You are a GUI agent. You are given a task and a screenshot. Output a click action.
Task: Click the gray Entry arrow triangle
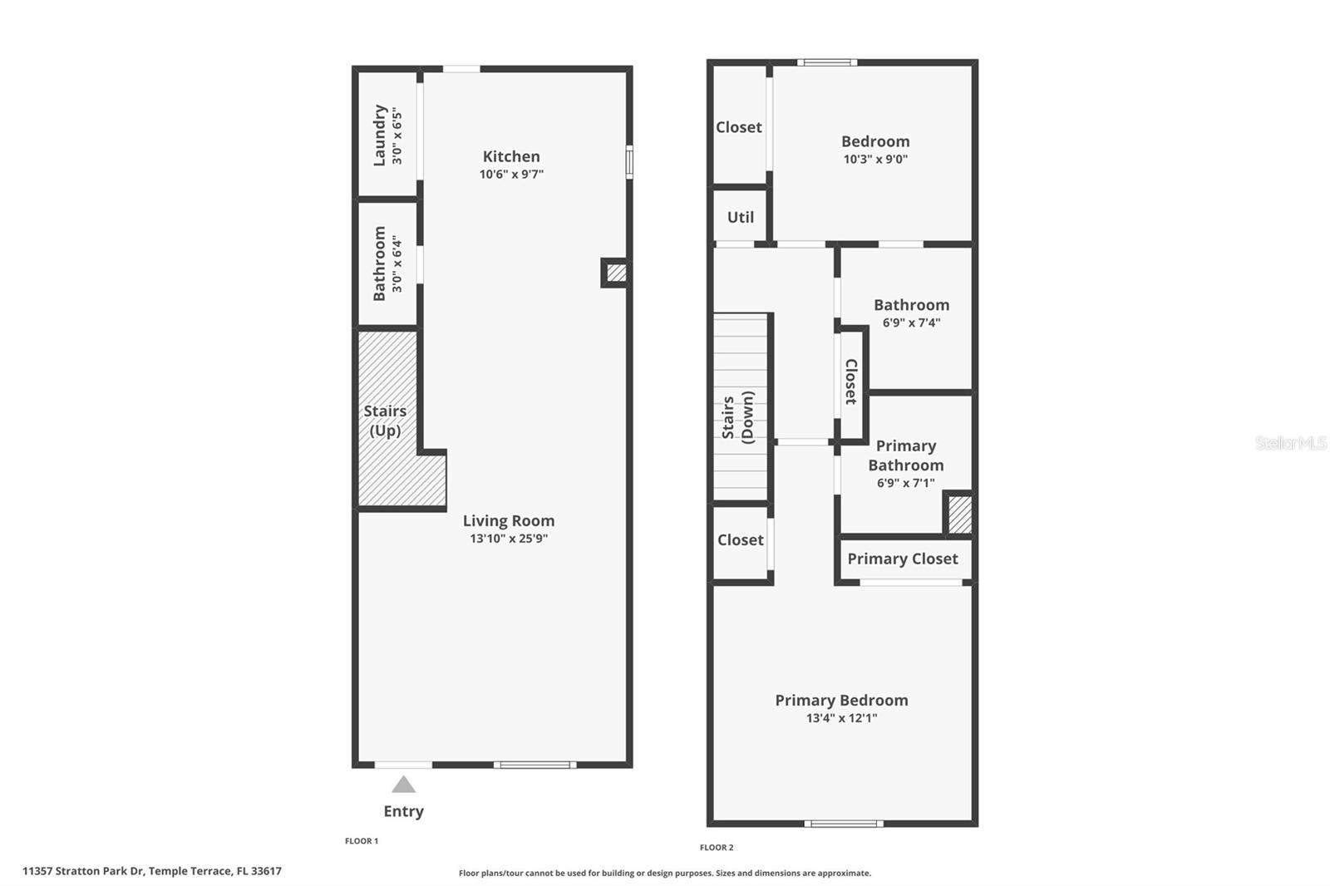(x=403, y=785)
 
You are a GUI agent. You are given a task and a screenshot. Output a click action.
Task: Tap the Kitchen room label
(x=511, y=156)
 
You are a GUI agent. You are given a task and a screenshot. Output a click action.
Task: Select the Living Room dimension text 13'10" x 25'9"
(x=509, y=539)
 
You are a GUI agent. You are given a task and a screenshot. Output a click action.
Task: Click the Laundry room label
(x=379, y=135)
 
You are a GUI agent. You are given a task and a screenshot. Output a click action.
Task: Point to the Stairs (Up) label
(x=386, y=421)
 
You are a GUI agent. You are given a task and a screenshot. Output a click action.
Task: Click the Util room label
(x=741, y=217)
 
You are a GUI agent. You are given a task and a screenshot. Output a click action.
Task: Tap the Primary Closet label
(x=903, y=559)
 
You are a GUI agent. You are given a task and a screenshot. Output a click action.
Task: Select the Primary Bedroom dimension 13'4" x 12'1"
(x=841, y=718)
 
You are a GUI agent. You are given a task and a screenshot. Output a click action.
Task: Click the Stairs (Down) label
(x=737, y=417)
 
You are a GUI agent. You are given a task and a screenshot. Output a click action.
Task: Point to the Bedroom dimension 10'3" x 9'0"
(x=876, y=159)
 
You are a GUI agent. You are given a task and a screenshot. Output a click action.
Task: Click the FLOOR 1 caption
(x=362, y=841)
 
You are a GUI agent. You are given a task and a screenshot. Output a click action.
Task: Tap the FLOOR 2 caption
(x=717, y=848)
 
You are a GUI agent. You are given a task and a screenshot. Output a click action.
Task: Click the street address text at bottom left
(x=152, y=871)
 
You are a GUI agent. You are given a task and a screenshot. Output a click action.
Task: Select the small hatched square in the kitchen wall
(x=616, y=273)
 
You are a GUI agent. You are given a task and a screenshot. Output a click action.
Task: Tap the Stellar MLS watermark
(x=1290, y=442)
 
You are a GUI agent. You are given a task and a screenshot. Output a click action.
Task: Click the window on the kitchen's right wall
(x=629, y=161)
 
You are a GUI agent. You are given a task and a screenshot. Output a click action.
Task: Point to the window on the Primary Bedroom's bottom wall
(x=844, y=824)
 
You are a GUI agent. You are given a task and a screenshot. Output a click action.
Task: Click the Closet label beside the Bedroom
(x=739, y=127)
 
